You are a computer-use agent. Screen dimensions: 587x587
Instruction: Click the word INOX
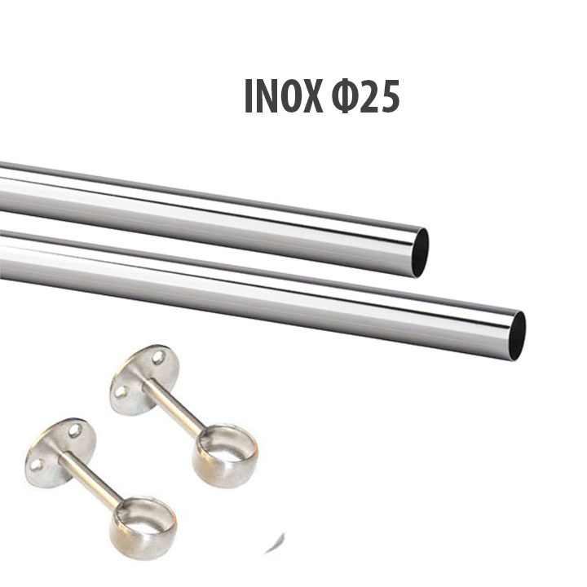coord(284,96)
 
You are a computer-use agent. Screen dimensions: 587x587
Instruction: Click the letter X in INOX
coord(311,96)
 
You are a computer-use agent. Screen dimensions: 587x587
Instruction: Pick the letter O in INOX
coord(291,96)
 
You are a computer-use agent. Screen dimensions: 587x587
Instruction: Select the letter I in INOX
coord(248,96)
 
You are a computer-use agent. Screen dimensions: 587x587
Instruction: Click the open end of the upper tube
coord(420,253)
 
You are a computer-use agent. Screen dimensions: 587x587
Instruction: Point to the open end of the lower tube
coord(517,336)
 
